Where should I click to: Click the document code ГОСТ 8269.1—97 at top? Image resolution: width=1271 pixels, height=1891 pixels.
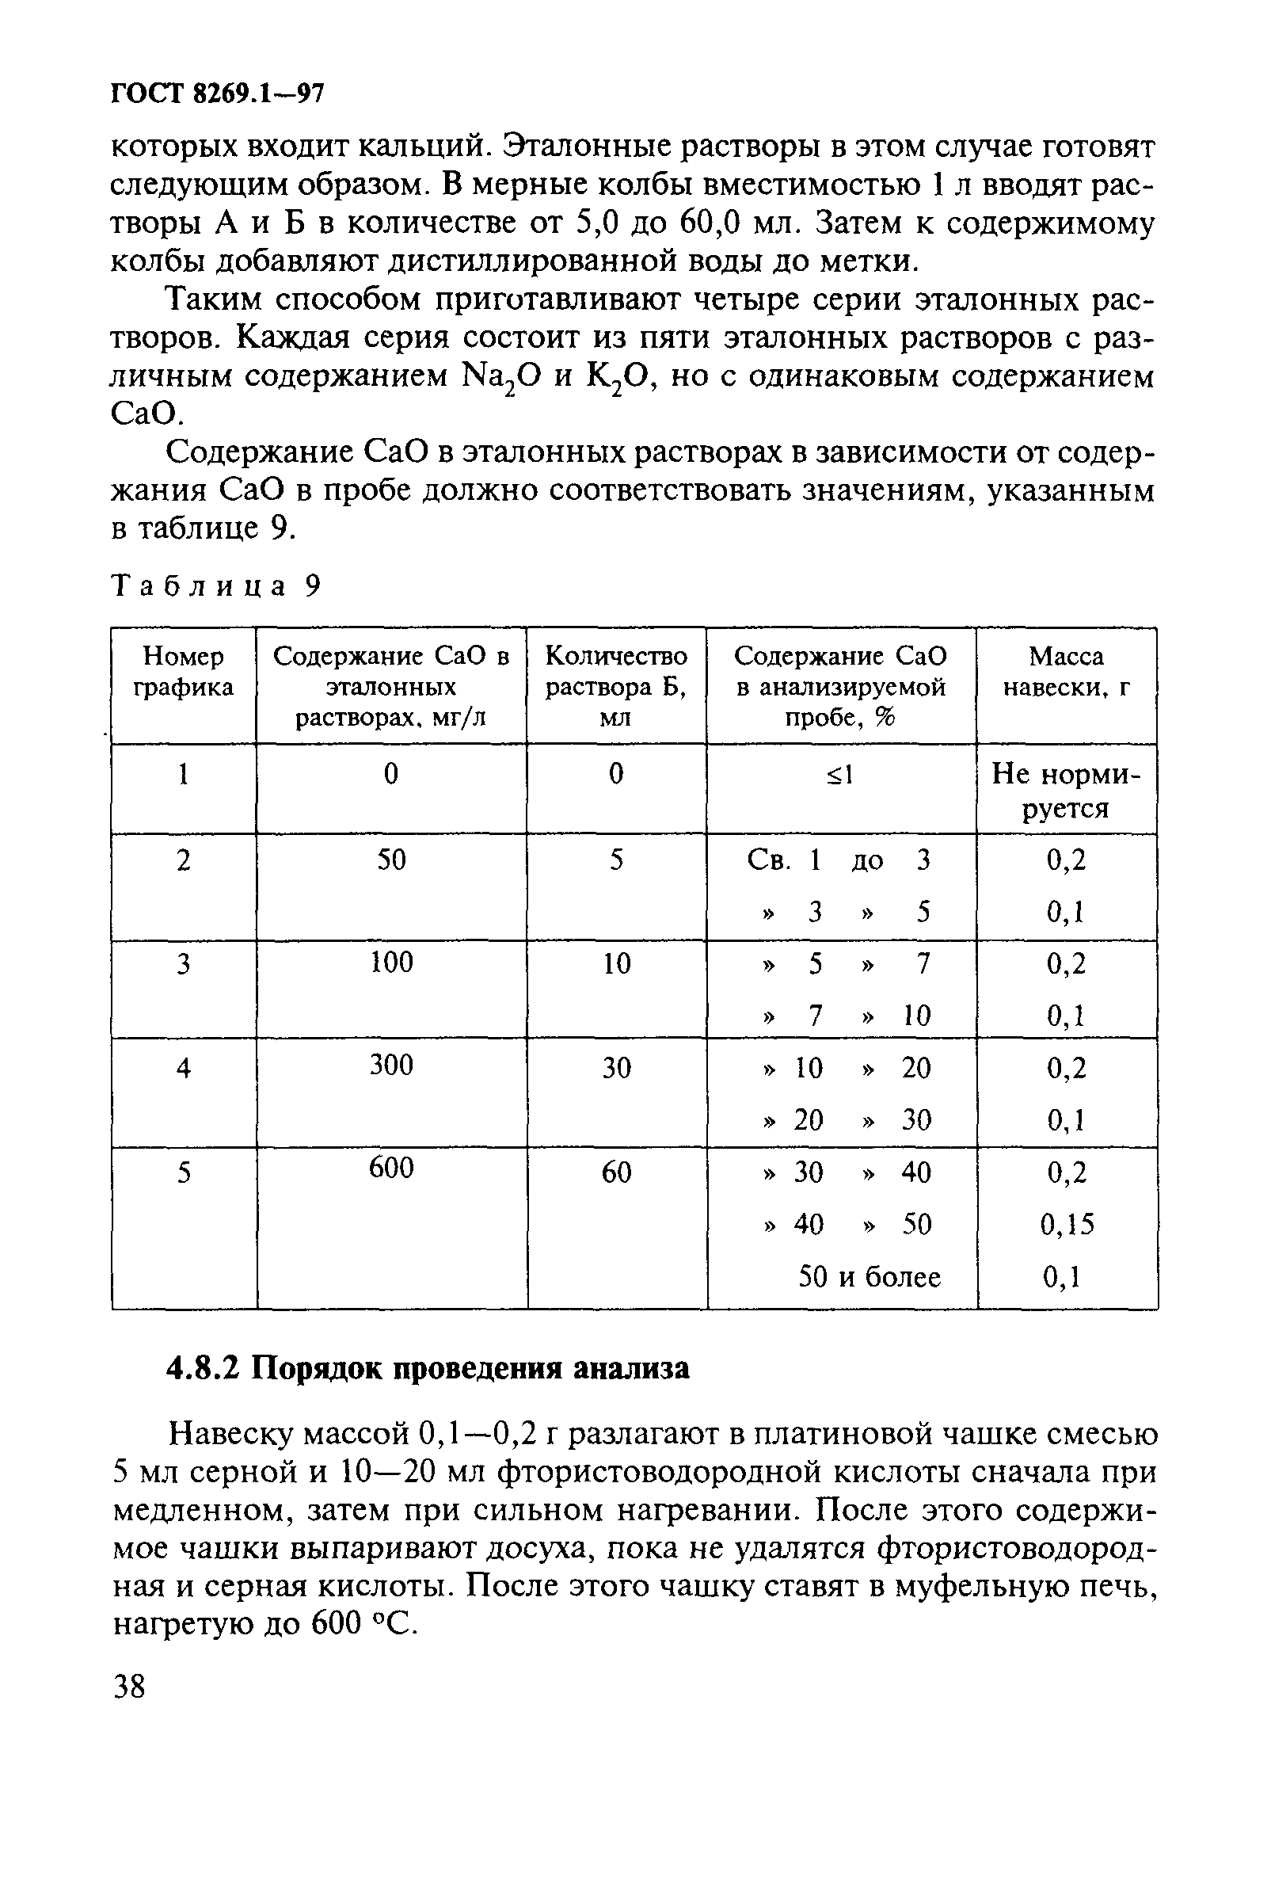[x=216, y=94]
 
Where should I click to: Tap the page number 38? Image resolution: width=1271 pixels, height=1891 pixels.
[x=130, y=1687]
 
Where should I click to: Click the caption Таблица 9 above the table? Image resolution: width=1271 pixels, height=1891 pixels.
[x=215, y=585]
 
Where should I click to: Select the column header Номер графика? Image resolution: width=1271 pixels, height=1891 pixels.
[x=183, y=672]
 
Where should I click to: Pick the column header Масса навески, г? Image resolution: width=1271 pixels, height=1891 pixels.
[x=1066, y=672]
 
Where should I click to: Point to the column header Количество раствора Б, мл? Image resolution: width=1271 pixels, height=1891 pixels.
[x=616, y=686]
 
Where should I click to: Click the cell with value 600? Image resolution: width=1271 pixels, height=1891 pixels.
[x=390, y=1168]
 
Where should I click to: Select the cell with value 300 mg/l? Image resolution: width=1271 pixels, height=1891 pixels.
[x=390, y=1065]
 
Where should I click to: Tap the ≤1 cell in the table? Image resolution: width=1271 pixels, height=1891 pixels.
[x=839, y=776]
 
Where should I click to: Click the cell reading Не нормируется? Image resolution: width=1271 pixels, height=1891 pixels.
[x=1066, y=791]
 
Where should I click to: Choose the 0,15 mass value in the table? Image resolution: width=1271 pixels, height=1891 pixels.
[x=1067, y=1224]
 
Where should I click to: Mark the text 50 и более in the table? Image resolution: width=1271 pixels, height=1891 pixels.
[x=869, y=1277]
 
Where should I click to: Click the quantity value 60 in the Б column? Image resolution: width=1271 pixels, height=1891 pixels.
[x=616, y=1172]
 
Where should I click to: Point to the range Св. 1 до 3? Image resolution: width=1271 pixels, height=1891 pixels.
[x=839, y=860]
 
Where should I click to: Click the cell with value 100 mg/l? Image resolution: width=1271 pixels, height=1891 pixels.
[x=390, y=963]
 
